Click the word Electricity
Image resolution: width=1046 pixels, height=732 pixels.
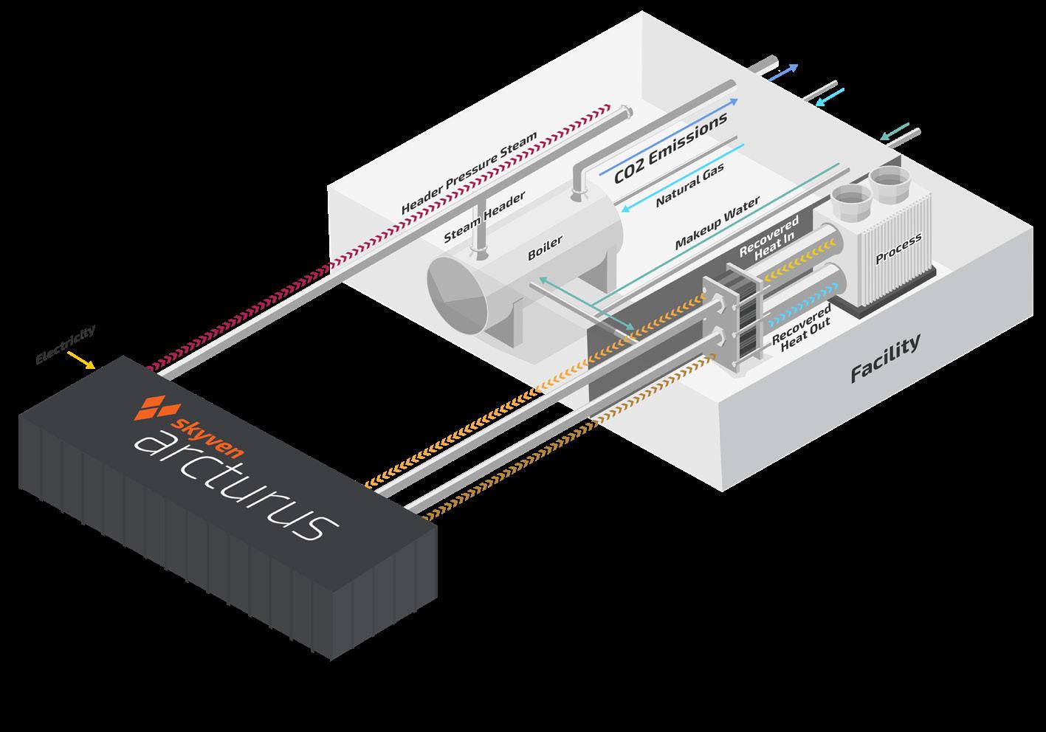[x=66, y=344]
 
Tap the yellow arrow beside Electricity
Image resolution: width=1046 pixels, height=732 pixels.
[x=80, y=360]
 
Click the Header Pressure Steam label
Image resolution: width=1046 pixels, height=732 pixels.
[x=469, y=174]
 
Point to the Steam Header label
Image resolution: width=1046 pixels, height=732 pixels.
[x=484, y=218]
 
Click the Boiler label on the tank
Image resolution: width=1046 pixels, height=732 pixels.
[x=545, y=248]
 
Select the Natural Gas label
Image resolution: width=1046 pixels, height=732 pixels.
[x=689, y=185]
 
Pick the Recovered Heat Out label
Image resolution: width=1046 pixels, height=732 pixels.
[x=802, y=326]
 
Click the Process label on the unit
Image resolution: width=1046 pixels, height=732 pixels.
[x=898, y=249]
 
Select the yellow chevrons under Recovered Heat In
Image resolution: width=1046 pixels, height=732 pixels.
[x=789, y=269]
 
